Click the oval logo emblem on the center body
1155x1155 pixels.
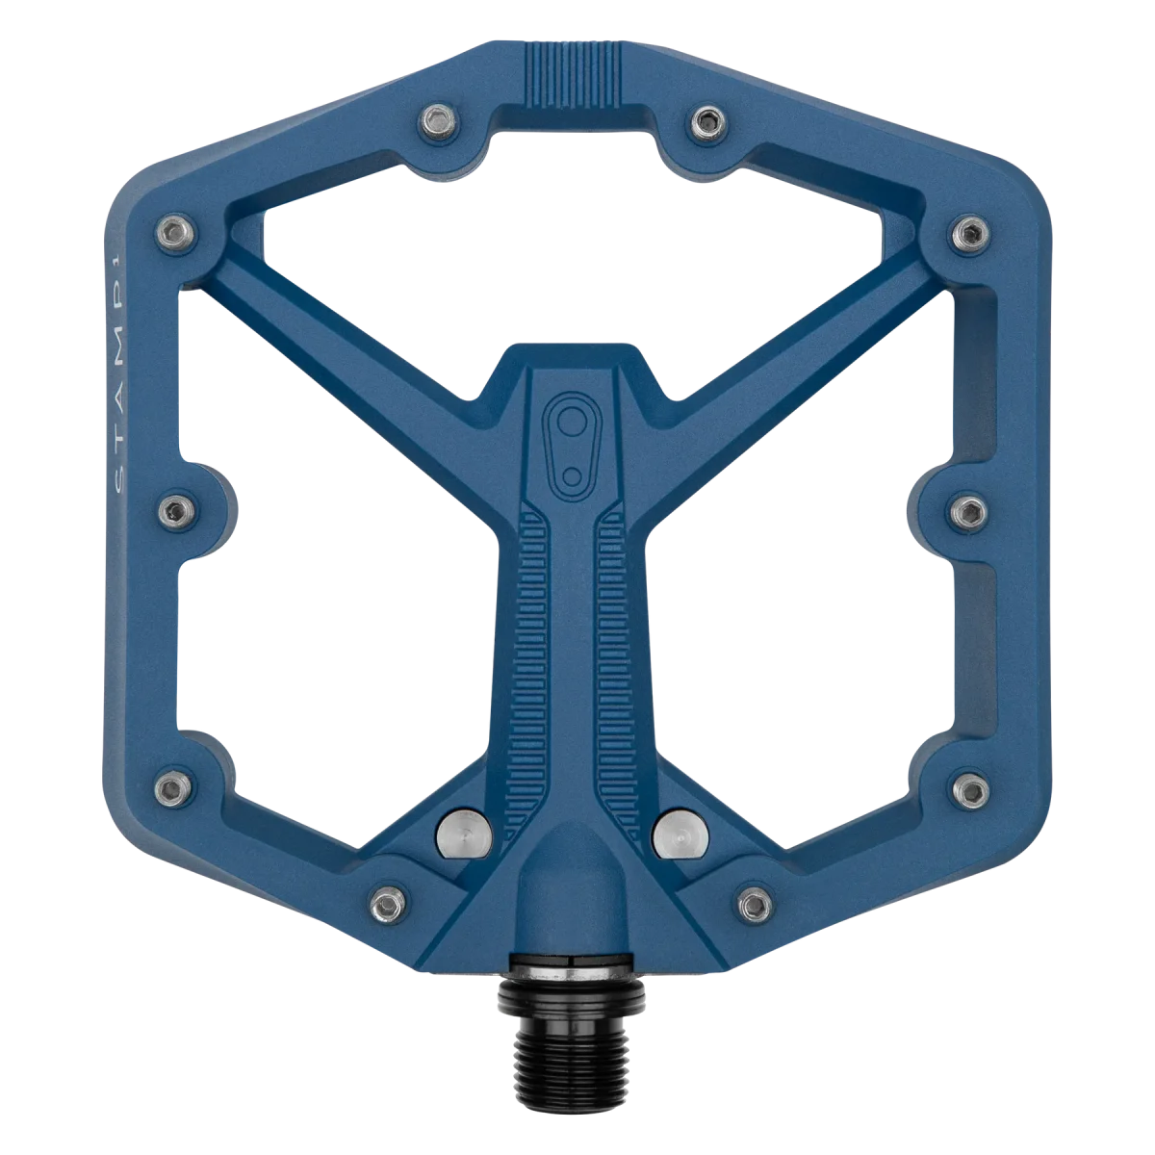pyautogui.click(x=572, y=447)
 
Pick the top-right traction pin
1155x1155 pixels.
pyautogui.click(x=708, y=123)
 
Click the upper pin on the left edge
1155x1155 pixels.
pyautogui.click(x=175, y=233)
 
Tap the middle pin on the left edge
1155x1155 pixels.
pyautogui.click(x=176, y=512)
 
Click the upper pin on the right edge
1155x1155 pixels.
pyautogui.click(x=970, y=234)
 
